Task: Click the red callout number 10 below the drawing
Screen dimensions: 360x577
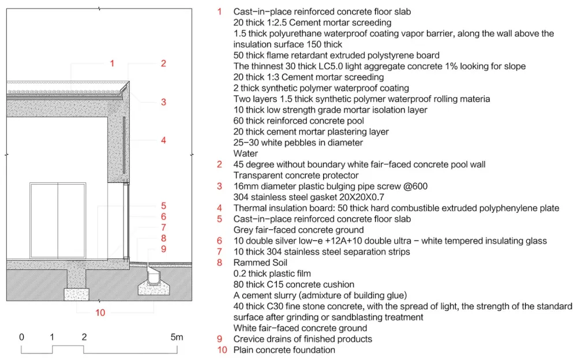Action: click(x=100, y=313)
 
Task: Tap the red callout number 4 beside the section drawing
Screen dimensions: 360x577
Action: click(x=163, y=140)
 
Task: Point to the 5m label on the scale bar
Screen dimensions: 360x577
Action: click(x=177, y=337)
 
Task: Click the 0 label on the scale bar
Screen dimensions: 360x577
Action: click(x=21, y=337)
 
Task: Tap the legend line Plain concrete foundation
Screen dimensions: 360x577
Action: click(x=284, y=350)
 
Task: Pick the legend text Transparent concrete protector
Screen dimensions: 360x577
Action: click(x=296, y=175)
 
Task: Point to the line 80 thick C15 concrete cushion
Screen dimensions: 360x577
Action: click(x=294, y=284)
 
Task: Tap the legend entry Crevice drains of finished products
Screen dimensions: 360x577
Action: click(x=303, y=339)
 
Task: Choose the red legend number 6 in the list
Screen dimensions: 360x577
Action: click(x=219, y=241)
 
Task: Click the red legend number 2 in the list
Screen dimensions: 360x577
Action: click(x=219, y=164)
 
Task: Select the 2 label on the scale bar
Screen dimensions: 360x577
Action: click(x=84, y=337)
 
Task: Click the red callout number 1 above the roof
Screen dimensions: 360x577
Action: click(x=112, y=63)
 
